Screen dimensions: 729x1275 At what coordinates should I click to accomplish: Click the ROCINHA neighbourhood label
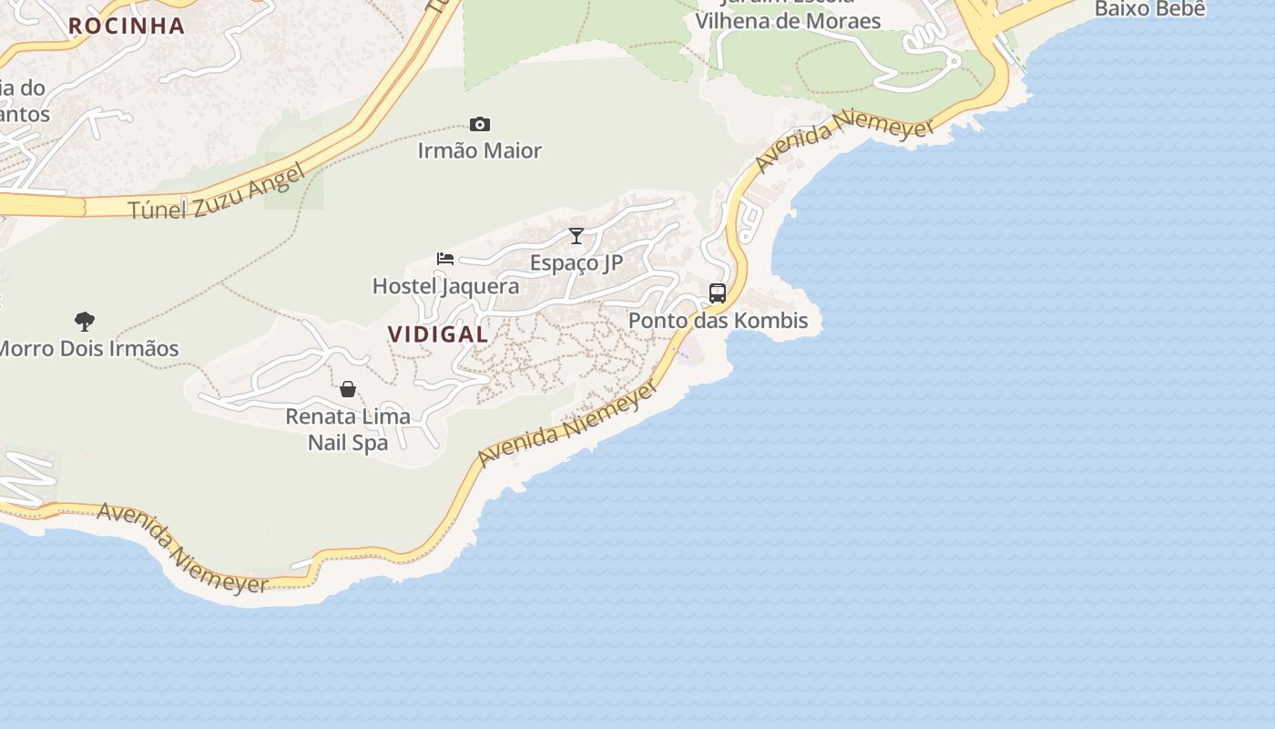127,26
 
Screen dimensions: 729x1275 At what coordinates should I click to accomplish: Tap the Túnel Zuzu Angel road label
215,194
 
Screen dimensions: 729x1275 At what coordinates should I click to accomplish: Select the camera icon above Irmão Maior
479,125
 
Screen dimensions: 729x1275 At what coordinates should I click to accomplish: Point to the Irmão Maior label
479,150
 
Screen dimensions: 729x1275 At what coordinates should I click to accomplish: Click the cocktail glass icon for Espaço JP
576,236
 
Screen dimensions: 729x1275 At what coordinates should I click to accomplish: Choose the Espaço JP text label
576,263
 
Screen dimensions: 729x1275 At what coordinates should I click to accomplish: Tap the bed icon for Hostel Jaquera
445,259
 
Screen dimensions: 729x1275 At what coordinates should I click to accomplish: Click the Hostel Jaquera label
445,286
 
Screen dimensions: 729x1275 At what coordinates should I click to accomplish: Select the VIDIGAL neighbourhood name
438,334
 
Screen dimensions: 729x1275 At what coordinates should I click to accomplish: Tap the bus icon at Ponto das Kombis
718,293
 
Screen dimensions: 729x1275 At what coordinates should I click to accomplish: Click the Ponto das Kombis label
718,321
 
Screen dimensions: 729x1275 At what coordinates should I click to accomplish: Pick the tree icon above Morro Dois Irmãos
85,321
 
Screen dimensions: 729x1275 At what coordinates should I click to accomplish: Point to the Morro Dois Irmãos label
88,348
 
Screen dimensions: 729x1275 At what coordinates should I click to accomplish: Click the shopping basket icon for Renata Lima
348,390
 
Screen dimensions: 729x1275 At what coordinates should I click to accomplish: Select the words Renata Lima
348,416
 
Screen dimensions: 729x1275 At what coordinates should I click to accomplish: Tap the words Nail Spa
348,443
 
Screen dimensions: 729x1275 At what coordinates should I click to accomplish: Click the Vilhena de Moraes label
788,20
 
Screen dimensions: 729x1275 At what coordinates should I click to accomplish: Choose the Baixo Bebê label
1149,9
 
